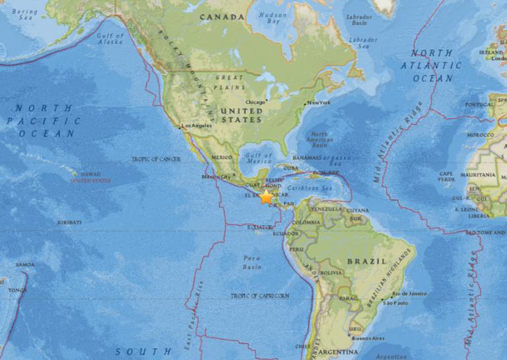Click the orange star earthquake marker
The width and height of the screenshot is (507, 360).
[x=266, y=197]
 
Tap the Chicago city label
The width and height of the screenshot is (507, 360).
[x=254, y=102]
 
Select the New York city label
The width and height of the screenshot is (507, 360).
[x=319, y=103]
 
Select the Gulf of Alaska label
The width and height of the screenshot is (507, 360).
[x=110, y=38]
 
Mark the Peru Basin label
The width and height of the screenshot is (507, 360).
[x=252, y=262]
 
